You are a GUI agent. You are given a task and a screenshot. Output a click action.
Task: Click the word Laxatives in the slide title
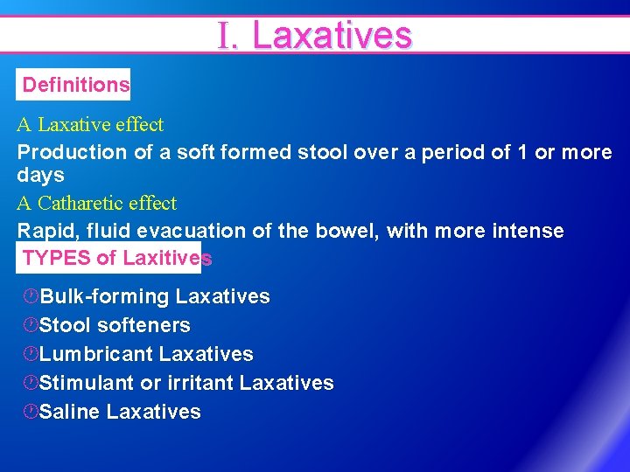coord(331,36)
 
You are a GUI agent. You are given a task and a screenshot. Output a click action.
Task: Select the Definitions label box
coord(75,85)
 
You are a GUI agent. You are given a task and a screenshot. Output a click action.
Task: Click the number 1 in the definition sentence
coord(522,152)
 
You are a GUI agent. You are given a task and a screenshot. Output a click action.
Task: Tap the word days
coord(40,175)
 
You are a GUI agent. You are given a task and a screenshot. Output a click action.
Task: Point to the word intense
coord(530,231)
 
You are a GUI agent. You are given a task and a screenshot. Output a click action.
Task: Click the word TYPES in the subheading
coord(57,258)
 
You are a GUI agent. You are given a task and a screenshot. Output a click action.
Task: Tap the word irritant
coord(200,383)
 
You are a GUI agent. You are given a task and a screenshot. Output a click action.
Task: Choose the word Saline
coord(70,412)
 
